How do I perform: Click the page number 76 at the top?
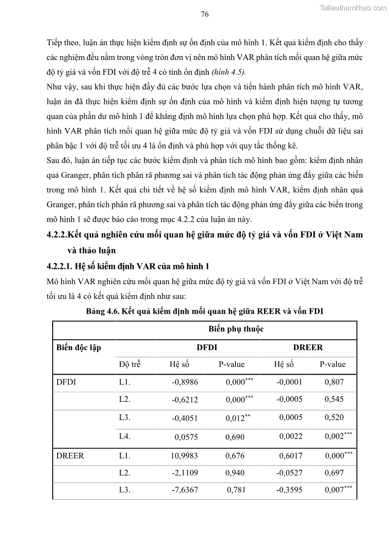point(205,14)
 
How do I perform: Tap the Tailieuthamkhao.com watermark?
point(353,7)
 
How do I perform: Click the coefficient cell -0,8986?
point(185,382)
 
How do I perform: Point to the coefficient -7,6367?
point(185,490)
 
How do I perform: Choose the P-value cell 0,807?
point(334,382)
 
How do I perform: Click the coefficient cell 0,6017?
point(291,456)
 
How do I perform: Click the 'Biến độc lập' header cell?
point(79,348)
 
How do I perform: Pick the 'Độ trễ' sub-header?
point(130,365)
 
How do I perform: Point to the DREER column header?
point(308,348)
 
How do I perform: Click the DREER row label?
point(70,456)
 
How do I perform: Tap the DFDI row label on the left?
point(66,382)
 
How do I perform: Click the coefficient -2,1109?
point(185,473)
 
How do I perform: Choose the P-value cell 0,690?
point(235,437)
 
